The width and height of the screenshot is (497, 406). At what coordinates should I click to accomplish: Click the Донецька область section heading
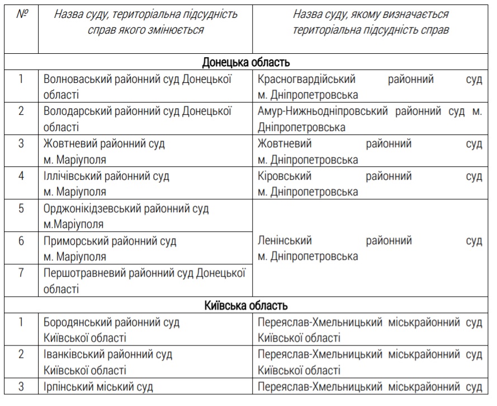pos(246,62)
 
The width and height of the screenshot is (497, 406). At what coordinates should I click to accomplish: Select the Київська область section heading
pos(246,306)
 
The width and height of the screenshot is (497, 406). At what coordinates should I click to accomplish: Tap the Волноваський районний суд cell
pos(137,86)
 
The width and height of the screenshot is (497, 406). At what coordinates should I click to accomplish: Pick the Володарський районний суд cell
pos(137,119)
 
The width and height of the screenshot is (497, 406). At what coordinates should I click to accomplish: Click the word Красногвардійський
pos(306,80)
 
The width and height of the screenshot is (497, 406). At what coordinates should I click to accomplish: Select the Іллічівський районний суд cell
pos(106,184)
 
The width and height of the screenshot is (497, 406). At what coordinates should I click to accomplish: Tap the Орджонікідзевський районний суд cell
pos(126,216)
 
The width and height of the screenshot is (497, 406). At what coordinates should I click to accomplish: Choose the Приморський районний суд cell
pos(110,249)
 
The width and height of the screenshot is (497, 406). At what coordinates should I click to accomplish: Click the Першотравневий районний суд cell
pos(145,281)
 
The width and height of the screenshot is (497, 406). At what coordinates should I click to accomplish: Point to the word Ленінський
pos(285,241)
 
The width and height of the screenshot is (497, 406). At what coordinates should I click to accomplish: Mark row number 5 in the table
pos(21,209)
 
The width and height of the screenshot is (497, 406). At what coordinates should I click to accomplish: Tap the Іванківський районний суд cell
pos(108,362)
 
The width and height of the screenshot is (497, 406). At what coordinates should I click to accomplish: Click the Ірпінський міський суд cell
pos(98,387)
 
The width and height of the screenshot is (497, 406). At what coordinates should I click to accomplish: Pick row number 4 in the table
pos(21,176)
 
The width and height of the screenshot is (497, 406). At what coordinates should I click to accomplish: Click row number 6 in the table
pos(21,242)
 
